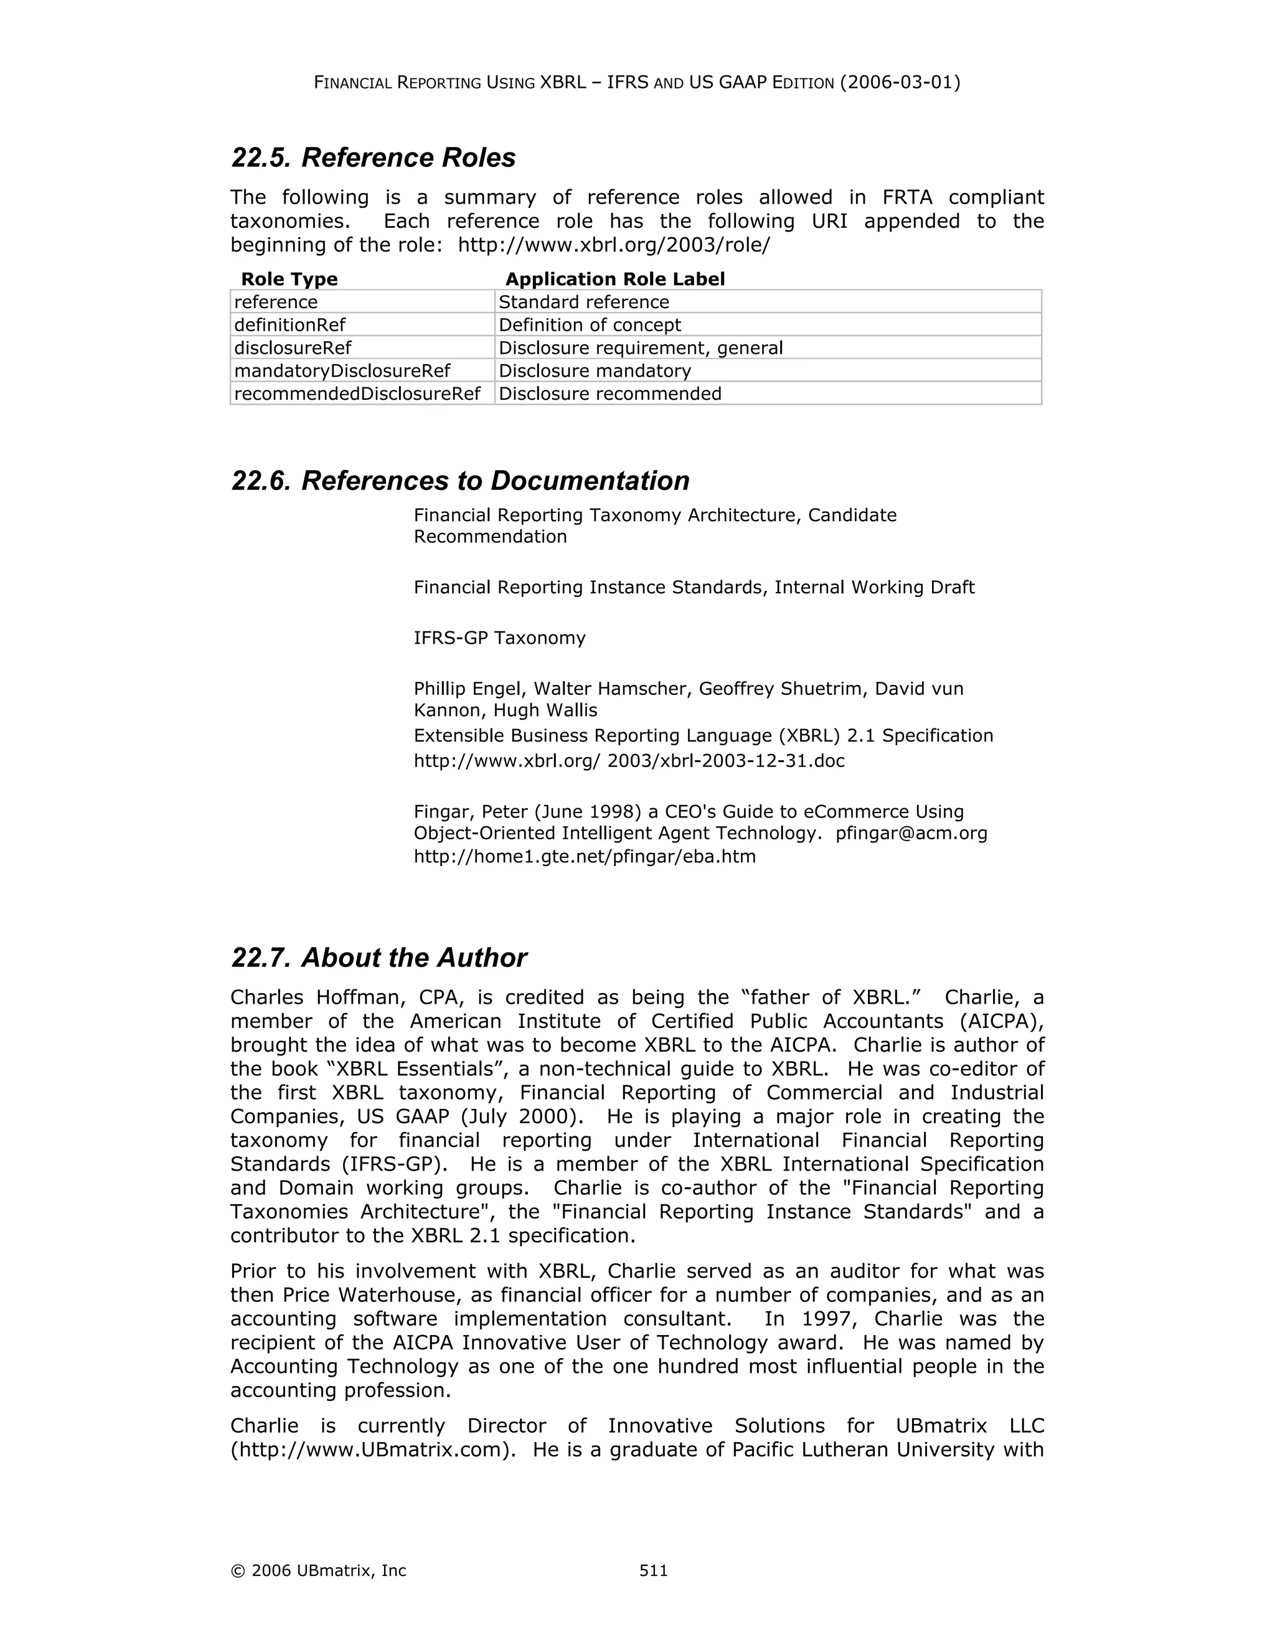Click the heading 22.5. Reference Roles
pyautogui.click(x=373, y=158)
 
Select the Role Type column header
pyautogui.click(x=289, y=280)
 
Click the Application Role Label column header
pyautogui.click(x=615, y=280)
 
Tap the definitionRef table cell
pyautogui.click(x=290, y=325)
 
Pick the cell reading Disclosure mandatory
pyautogui.click(x=595, y=371)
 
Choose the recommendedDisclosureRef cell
pyautogui.click(x=357, y=394)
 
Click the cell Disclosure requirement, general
pyautogui.click(x=641, y=347)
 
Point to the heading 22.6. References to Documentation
pyautogui.click(x=460, y=481)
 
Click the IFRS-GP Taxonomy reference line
pyautogui.click(x=499, y=638)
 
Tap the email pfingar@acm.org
pyautogui.click(x=911, y=833)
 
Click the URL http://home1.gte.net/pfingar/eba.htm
pyautogui.click(x=585, y=857)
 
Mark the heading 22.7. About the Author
pyautogui.click(x=379, y=958)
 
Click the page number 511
pyautogui.click(x=653, y=1571)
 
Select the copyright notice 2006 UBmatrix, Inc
pyautogui.click(x=319, y=1571)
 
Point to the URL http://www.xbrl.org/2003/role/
pyautogui.click(x=614, y=245)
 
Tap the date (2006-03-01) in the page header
pyautogui.click(x=900, y=82)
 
